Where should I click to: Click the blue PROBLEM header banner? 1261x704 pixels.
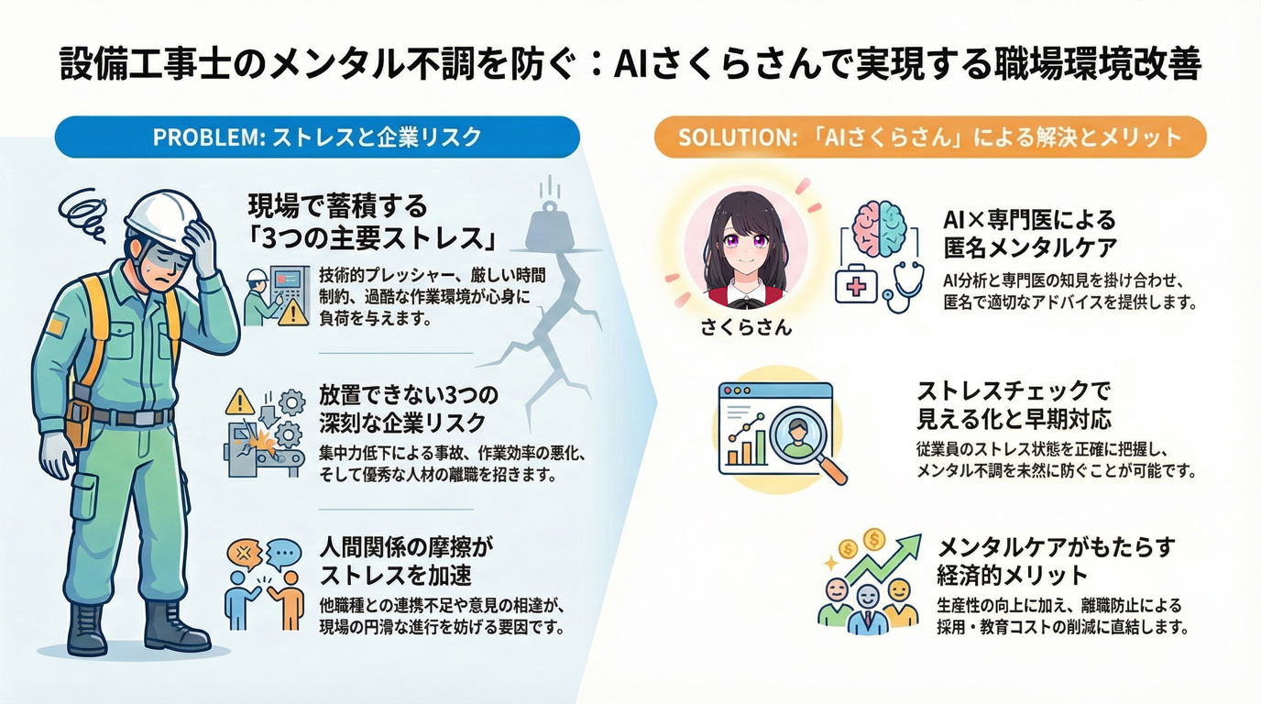(x=317, y=137)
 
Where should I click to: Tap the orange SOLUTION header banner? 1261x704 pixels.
(x=929, y=137)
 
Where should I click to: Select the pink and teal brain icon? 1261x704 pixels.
(x=879, y=229)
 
